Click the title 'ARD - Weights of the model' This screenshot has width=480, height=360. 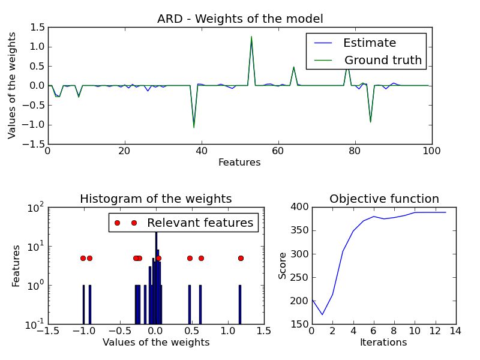(x=240, y=19)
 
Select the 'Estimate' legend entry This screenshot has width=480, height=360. (x=369, y=43)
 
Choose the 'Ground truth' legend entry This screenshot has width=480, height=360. (x=383, y=61)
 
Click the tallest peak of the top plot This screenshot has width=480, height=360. (x=251, y=37)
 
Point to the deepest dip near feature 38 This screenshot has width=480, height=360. (x=194, y=127)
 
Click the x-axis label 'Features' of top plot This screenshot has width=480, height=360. (x=239, y=162)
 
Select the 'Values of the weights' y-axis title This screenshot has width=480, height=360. (x=12, y=86)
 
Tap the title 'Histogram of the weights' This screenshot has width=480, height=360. (x=155, y=199)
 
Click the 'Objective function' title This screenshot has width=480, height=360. (x=384, y=199)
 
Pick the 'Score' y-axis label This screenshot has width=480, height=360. (x=282, y=266)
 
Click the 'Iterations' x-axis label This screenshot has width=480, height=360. (x=383, y=343)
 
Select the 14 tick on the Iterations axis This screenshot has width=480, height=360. (x=455, y=331)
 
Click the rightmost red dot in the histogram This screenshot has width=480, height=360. (x=241, y=258)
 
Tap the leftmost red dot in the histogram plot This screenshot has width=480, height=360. (x=83, y=258)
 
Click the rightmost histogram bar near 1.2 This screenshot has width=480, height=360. (x=239, y=305)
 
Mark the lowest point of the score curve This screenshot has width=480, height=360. (x=322, y=314)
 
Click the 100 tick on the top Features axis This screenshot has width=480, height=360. (x=431, y=151)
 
